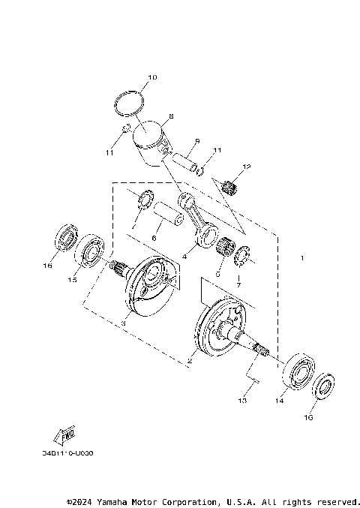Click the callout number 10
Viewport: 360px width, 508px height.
coord(152,77)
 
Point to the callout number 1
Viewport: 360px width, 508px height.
coord(301,259)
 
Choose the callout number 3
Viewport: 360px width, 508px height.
coord(123,323)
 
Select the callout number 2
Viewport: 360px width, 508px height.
coord(189,361)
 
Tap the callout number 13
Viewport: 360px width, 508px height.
coord(243,402)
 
